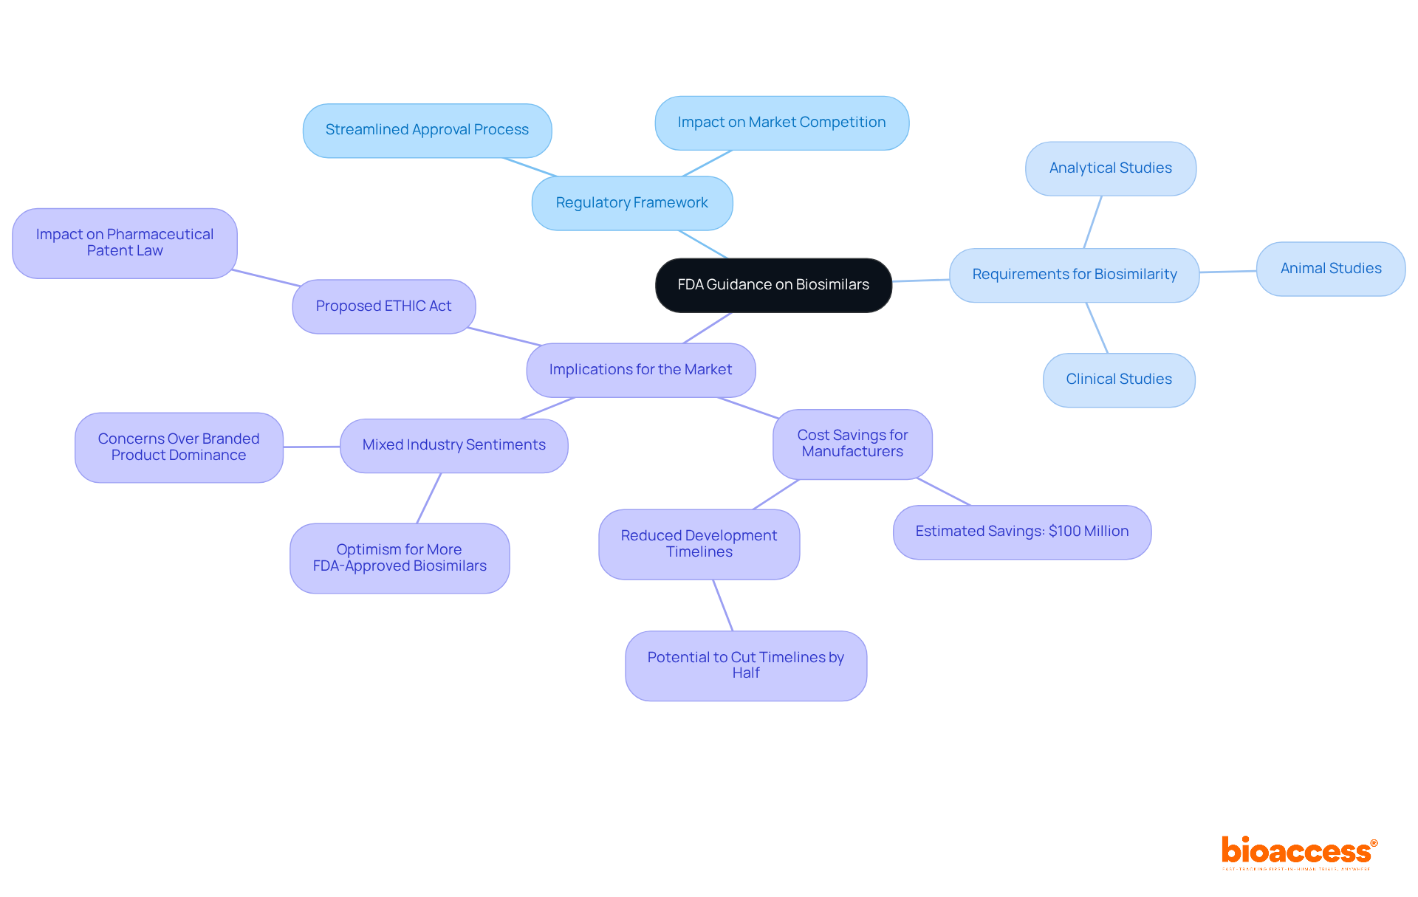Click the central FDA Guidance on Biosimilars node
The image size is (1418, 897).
click(x=773, y=285)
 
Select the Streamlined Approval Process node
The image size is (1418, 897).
click(x=427, y=130)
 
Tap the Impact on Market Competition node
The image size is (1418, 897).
click(x=781, y=123)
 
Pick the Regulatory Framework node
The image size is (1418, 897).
click(x=631, y=203)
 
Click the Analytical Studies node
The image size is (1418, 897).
click(x=1110, y=168)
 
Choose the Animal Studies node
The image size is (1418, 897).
click(x=1330, y=269)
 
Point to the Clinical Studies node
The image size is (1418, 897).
click(x=1118, y=379)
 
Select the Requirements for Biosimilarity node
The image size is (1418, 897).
click(x=1074, y=275)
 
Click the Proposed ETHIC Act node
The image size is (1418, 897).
click(x=383, y=306)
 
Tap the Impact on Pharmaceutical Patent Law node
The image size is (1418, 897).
click(x=125, y=243)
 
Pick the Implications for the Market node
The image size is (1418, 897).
click(x=640, y=370)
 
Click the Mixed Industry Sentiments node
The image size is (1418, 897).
click(x=453, y=445)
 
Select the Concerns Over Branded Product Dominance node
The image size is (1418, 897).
click(x=179, y=447)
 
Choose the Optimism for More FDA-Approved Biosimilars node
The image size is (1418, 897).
click(x=400, y=558)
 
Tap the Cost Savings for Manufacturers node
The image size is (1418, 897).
click(x=852, y=444)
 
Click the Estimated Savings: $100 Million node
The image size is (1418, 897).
click(x=1021, y=532)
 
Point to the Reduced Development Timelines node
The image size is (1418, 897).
click(x=699, y=544)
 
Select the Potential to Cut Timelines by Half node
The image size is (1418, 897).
click(x=745, y=665)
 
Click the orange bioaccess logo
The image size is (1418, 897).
click(x=1298, y=852)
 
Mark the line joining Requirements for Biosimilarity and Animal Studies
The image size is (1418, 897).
click(x=1227, y=272)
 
